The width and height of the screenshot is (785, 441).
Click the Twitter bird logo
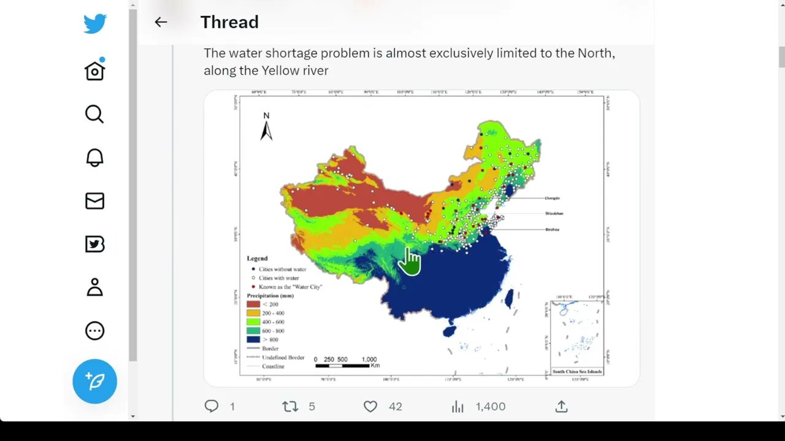pyautogui.click(x=95, y=24)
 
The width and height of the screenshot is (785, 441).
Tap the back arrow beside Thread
pyautogui.click(x=161, y=22)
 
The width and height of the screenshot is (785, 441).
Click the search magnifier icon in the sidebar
pyautogui.click(x=94, y=114)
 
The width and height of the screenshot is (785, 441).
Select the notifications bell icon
pyautogui.click(x=94, y=157)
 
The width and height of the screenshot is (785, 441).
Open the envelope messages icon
pyautogui.click(x=94, y=201)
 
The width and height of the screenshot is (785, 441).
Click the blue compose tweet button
pyautogui.click(x=94, y=381)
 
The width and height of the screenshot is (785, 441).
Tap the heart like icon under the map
pyautogui.click(x=370, y=406)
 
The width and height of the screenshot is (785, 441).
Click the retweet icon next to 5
pyautogui.click(x=289, y=406)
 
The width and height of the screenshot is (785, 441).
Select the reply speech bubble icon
pyautogui.click(x=212, y=406)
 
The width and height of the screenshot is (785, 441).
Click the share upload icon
pyautogui.click(x=561, y=406)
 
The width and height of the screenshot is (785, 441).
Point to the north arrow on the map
pyautogui.click(x=266, y=129)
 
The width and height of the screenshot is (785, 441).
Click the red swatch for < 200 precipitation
pyautogui.click(x=253, y=304)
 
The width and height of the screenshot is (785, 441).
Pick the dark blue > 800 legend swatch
pyautogui.click(x=253, y=339)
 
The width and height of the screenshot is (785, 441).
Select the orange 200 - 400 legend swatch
pyautogui.click(x=253, y=313)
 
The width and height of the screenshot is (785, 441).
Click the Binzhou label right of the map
pyautogui.click(x=552, y=230)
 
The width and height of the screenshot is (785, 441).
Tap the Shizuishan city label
pyautogui.click(x=554, y=214)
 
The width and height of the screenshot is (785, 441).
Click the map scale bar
pyautogui.click(x=342, y=366)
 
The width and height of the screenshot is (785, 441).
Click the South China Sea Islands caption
pyautogui.click(x=577, y=372)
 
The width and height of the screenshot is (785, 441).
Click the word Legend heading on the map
pyautogui.click(x=257, y=258)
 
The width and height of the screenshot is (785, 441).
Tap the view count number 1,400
pyautogui.click(x=490, y=406)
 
